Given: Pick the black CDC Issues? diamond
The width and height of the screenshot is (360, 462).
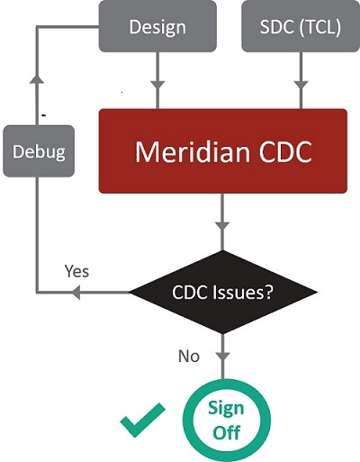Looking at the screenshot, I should coord(222,292).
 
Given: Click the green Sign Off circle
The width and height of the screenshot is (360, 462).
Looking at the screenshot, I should coord(226,419).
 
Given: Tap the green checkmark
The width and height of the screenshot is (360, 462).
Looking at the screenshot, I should coord(143,420).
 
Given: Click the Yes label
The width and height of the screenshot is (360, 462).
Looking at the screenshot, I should coord(76,270).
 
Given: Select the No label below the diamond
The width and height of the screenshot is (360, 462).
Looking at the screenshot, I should coord(188,356).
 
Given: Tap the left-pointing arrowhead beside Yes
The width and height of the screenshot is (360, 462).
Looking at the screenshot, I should coord(77,292).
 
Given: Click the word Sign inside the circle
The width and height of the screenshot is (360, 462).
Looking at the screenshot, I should coord(226,407).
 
